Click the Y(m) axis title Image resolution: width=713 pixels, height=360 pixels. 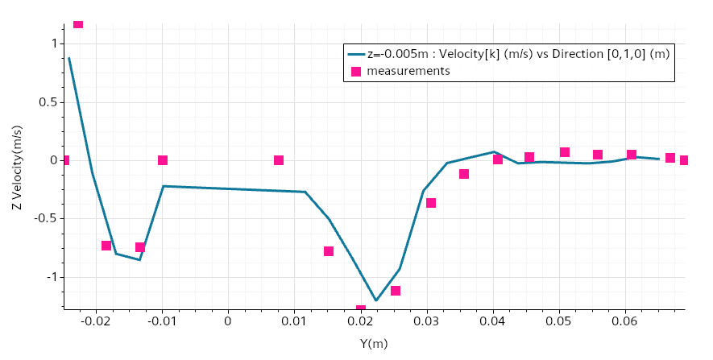pos(373,344)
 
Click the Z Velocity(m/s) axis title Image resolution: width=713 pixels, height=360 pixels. pos(17,167)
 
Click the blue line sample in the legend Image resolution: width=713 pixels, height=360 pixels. pos(356,55)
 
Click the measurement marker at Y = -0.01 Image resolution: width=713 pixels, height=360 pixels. pos(163,160)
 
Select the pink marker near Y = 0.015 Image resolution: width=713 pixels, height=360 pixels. pos(329,251)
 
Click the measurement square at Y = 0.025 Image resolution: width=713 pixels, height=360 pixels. pos(396,291)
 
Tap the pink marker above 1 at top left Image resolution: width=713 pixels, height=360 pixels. pos(78,23)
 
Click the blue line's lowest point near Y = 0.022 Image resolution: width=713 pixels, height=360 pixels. pos(376,300)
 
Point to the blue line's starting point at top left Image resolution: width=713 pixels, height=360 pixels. pos(69,58)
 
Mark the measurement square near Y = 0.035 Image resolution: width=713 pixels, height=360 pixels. pos(464,174)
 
